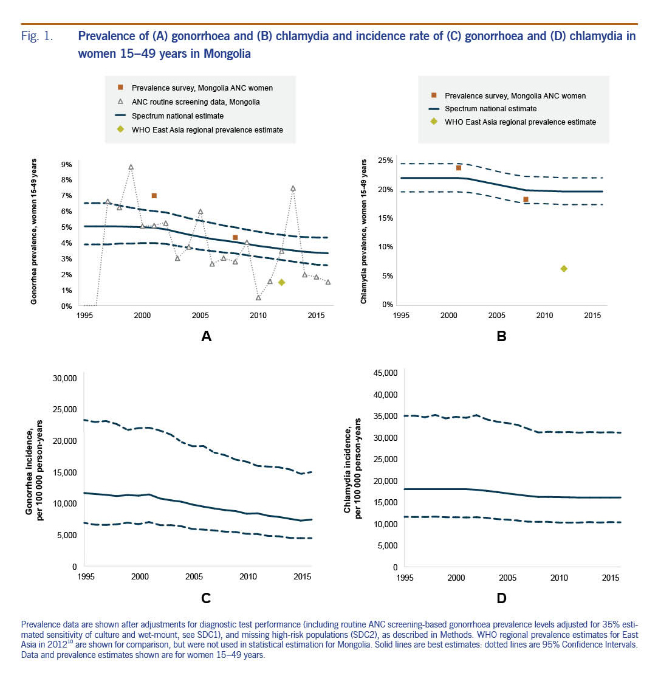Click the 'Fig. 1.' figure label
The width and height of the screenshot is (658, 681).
pos(36,36)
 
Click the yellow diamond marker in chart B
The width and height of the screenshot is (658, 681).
pos(564,268)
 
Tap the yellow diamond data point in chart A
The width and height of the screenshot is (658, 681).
pos(281,282)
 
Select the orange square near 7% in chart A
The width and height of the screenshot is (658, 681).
pos(154,196)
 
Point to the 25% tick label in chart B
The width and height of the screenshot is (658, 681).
pos(385,161)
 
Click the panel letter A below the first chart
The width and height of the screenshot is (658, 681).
pos(206,334)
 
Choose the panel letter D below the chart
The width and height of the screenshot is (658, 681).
pos(501,598)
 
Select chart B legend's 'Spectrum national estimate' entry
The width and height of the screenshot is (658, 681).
pos(490,109)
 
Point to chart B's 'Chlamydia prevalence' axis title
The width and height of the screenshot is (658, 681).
pos(363,232)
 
